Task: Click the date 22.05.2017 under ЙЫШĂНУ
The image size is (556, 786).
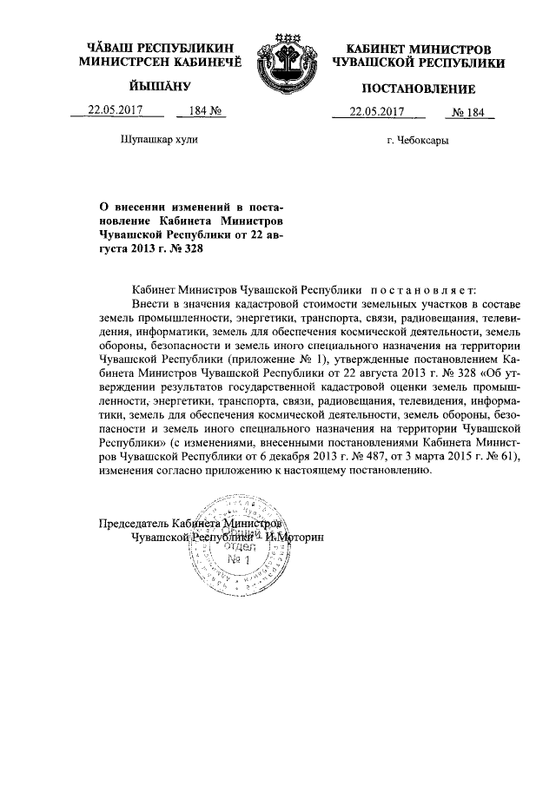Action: (114, 110)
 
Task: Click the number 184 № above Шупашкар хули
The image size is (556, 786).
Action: (195, 110)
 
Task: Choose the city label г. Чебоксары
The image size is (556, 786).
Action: (418, 142)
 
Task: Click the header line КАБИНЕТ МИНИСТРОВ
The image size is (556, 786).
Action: (418, 49)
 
